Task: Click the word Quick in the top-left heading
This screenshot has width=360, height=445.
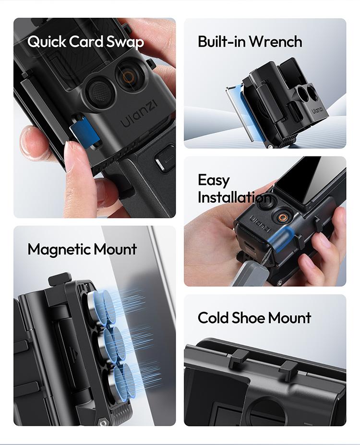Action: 47,42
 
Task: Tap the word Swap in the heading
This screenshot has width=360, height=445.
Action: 126,42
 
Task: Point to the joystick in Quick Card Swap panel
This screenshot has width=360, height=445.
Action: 100,89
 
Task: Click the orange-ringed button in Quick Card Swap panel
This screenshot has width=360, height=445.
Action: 128,77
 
